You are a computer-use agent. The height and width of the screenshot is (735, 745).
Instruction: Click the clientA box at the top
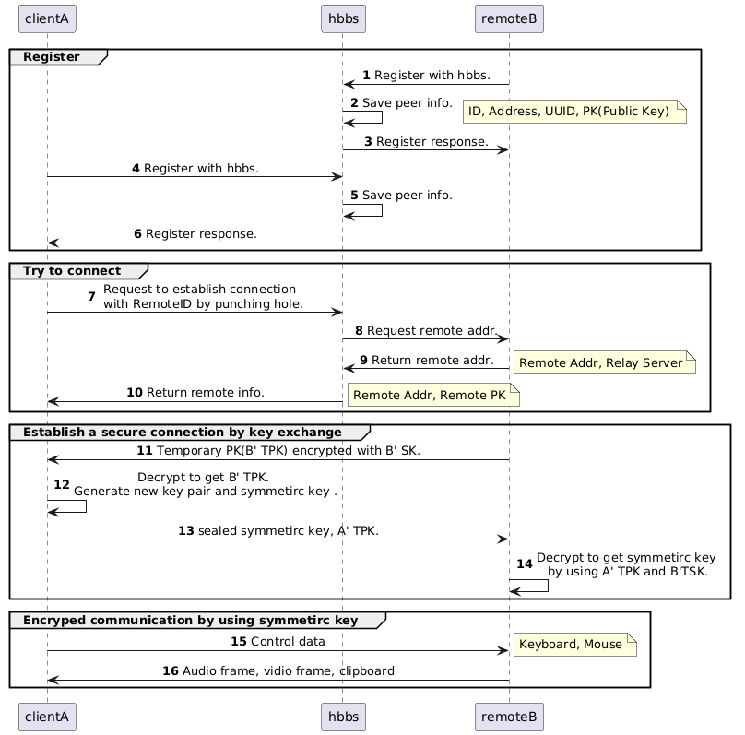[x=47, y=19]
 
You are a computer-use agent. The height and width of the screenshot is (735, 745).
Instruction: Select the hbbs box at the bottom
[x=343, y=717]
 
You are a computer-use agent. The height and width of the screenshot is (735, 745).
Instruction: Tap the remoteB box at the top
[x=509, y=19]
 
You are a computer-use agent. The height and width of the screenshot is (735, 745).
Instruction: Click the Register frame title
[x=52, y=57]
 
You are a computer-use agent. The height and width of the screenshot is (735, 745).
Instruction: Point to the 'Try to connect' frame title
[x=72, y=271]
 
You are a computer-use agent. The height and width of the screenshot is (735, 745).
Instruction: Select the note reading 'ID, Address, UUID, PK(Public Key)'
[x=575, y=112]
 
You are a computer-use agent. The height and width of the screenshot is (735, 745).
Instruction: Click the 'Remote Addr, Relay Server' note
[x=604, y=363]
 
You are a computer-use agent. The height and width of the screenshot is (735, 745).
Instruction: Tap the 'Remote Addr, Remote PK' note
[x=433, y=395]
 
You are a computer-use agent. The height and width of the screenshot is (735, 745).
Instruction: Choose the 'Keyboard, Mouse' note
[x=575, y=645]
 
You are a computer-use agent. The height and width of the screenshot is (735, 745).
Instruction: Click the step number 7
[x=91, y=296]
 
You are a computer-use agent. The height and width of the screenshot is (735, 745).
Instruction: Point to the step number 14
[x=525, y=564]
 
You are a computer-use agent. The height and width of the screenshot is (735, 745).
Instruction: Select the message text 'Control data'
[x=288, y=642]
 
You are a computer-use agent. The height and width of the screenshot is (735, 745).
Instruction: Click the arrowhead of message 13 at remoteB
[x=503, y=539]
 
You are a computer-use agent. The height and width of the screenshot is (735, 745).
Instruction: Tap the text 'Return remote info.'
[x=206, y=393]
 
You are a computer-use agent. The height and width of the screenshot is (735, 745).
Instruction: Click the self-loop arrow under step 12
[x=66, y=506]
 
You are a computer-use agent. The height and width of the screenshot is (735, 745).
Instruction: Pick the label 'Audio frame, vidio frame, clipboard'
[x=289, y=670]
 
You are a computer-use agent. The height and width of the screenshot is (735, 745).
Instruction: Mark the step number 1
[x=366, y=76]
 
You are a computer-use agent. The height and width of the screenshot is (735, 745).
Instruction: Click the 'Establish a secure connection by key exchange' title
[x=183, y=433]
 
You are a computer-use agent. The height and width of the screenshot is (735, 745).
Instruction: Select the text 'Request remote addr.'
[x=432, y=331]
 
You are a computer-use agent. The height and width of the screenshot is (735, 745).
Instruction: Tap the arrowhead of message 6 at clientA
[x=53, y=243]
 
